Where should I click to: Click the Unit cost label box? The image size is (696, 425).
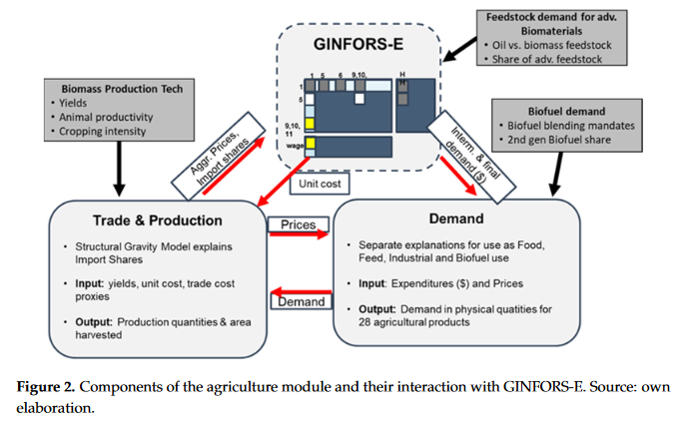(318, 183)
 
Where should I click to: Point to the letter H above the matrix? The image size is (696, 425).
(401, 74)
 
